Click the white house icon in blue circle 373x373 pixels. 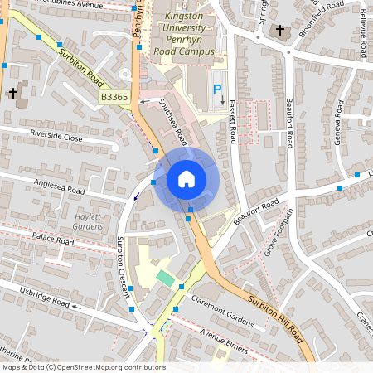pos(186,178)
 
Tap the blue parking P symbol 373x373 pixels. pos(217,90)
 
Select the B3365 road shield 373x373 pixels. pos(114,98)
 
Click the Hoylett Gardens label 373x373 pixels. pos(88,221)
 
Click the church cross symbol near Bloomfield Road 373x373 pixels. pos(280,31)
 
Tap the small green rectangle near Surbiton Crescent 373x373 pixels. pos(166,279)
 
